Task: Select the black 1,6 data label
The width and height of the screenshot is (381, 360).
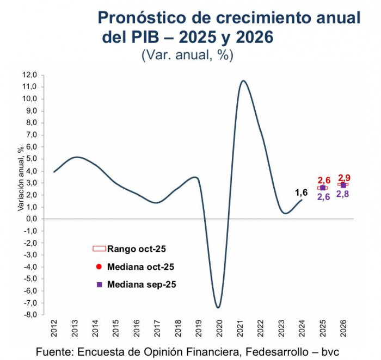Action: click(301, 192)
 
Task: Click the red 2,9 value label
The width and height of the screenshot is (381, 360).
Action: click(345, 178)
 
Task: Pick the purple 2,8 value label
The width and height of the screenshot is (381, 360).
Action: click(343, 194)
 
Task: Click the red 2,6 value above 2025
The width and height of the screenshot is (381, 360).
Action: click(324, 180)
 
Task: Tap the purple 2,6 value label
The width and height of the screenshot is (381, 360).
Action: click(323, 197)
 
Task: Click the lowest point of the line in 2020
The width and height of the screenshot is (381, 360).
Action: click(218, 308)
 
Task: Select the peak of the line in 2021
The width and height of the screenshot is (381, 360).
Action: click(243, 81)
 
